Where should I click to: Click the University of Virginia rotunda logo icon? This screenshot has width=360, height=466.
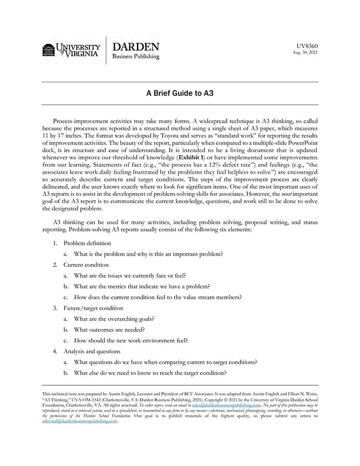click(x=49, y=50)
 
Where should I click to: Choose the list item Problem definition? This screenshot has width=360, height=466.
click(x=87, y=243)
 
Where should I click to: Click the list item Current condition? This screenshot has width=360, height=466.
click(x=86, y=264)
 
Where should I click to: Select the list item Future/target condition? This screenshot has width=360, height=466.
click(x=93, y=308)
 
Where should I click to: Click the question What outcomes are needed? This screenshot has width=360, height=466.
click(x=109, y=329)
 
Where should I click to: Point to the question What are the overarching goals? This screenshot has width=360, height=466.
click(x=114, y=318)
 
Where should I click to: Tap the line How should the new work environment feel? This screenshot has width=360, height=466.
click(x=131, y=340)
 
